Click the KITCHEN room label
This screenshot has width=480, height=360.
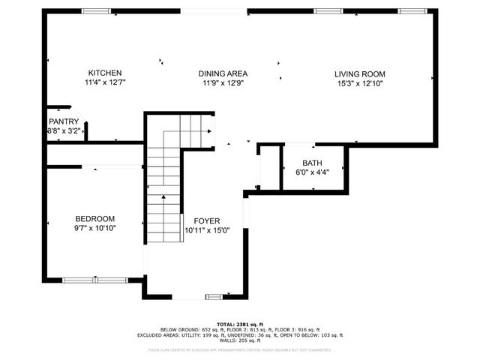tap(105, 73)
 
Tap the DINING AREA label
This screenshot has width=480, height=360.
tap(223, 73)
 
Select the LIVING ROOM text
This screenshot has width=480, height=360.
tap(359, 73)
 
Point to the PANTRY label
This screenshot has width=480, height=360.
tap(64, 121)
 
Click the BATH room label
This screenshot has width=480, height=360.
tap(312, 163)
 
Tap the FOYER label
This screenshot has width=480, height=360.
tap(207, 220)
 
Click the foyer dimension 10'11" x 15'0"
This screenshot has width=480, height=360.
tap(207, 230)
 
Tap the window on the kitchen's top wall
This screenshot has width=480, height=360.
tap(95, 11)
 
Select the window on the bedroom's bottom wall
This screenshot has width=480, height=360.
tap(94, 280)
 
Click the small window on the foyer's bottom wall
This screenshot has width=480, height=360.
tap(214, 298)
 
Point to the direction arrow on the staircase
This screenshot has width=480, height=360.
tap(164, 197)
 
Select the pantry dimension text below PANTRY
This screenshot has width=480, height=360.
tap(64, 130)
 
